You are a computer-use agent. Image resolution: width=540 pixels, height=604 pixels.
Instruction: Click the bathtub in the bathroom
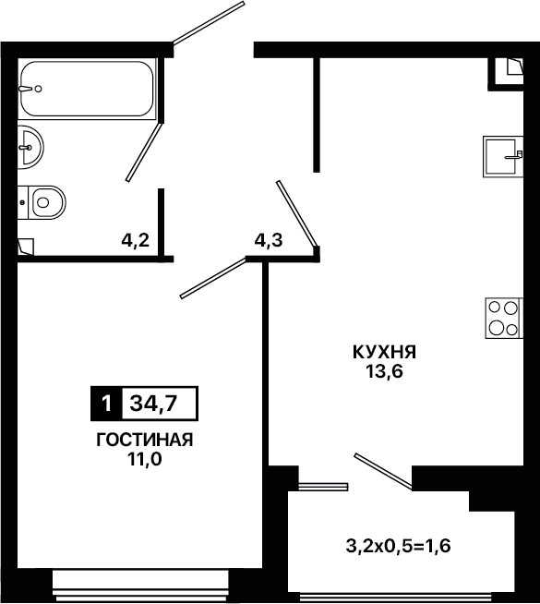click(88, 89)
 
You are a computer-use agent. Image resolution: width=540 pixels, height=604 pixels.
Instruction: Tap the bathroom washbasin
click(30, 147)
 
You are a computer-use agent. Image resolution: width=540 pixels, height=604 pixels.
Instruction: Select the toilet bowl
click(42, 202)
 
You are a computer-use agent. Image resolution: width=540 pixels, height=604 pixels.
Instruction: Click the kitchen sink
click(503, 156)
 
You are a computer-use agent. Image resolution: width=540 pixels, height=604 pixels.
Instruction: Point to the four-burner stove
click(504, 319)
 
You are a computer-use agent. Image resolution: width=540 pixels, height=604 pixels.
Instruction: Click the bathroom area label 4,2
click(135, 241)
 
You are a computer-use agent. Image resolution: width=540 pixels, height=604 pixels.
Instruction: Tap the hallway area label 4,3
click(269, 241)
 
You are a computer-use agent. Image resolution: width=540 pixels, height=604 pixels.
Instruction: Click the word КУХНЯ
click(385, 352)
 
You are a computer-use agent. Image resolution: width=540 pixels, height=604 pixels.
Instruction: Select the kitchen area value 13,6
click(385, 371)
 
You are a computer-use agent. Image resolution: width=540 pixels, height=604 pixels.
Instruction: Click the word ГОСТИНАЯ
click(145, 440)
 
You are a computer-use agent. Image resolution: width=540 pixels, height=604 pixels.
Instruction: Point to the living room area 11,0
click(145, 459)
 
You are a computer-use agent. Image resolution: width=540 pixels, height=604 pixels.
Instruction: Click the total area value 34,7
click(153, 404)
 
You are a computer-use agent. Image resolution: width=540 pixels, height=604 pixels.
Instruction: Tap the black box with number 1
click(106, 404)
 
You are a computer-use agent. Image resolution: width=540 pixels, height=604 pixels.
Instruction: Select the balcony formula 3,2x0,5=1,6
click(398, 546)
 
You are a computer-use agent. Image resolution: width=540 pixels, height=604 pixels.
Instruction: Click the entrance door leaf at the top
click(209, 23)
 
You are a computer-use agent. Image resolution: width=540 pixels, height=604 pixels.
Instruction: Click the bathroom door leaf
click(144, 152)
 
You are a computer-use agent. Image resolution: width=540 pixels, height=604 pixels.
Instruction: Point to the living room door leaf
click(213, 278)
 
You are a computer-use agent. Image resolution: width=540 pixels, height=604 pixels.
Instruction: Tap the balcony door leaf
click(383, 472)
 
